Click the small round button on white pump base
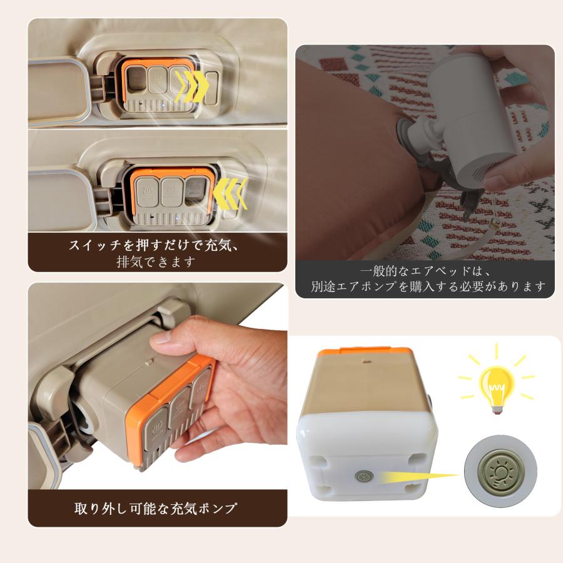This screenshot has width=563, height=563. (362, 477)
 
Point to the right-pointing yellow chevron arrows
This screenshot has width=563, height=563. (191, 85)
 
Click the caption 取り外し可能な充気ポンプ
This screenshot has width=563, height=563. (156, 508)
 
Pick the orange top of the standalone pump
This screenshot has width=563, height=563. (363, 357)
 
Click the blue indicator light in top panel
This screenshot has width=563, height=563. (161, 106)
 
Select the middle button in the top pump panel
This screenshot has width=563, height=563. (157, 81)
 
